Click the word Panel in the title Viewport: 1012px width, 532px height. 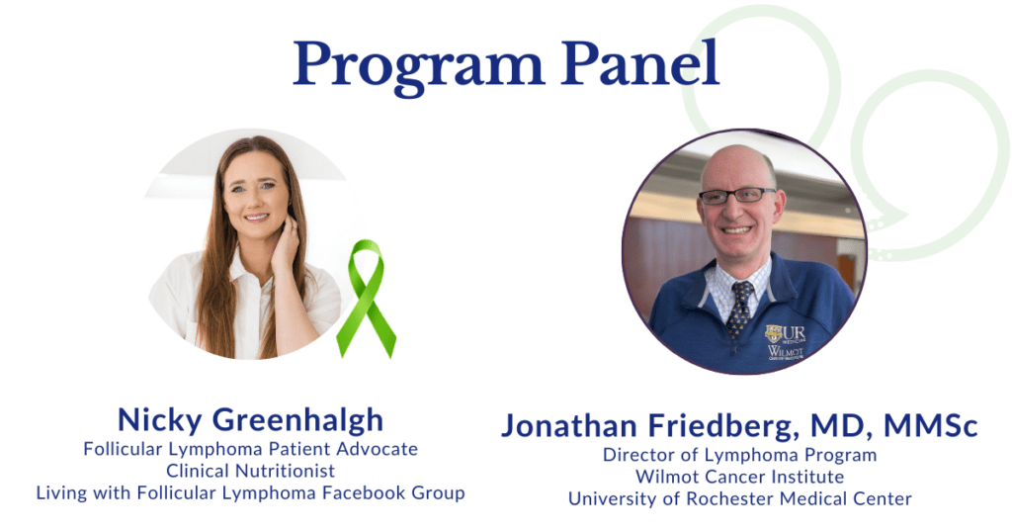(x=632, y=64)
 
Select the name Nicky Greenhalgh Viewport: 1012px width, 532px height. (x=250, y=419)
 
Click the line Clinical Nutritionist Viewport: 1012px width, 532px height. (x=250, y=471)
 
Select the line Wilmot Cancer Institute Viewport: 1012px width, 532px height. (x=739, y=477)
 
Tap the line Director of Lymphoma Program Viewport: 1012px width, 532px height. (x=739, y=455)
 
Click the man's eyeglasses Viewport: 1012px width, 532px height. (x=737, y=196)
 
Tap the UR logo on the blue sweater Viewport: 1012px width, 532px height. (x=783, y=333)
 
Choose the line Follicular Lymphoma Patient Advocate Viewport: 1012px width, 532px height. (x=250, y=449)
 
